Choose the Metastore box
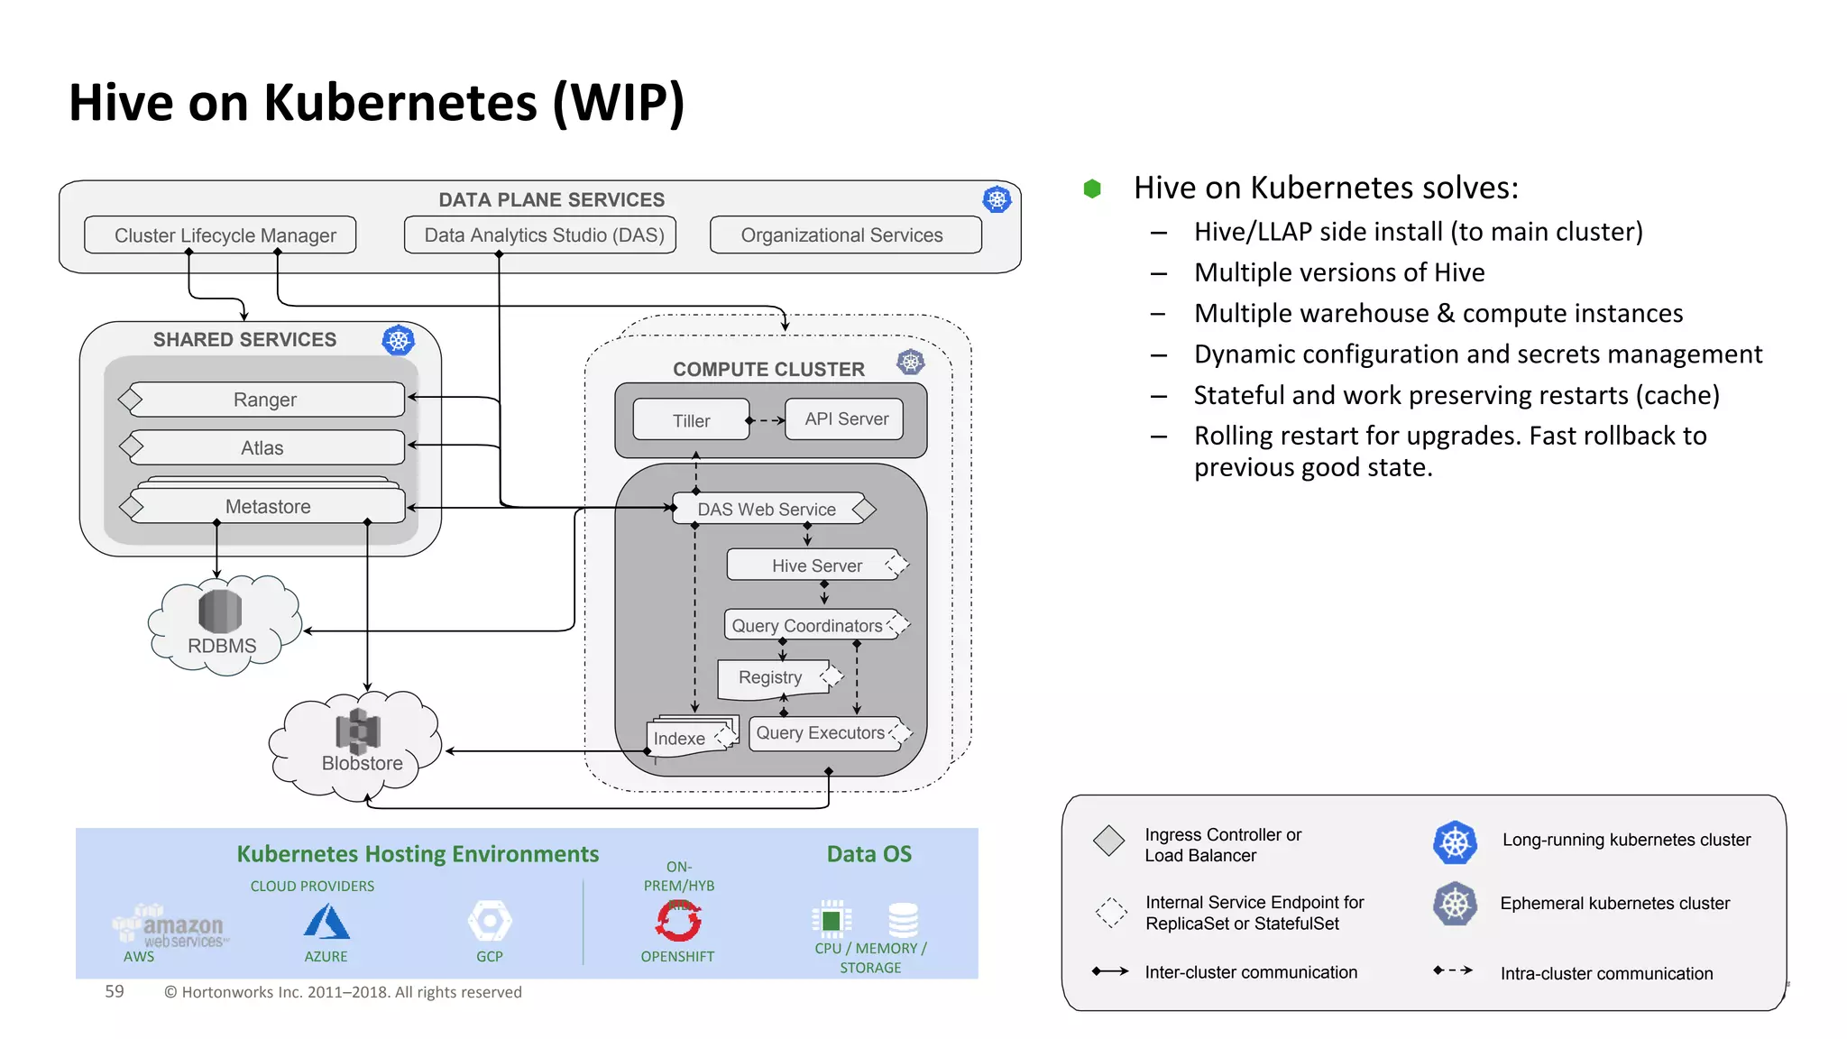[269, 507]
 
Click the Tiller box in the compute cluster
[691, 420]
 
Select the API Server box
[845, 419]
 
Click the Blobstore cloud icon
[358, 744]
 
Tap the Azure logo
[326, 922]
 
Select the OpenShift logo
[678, 921]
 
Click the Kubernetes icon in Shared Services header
[398, 340]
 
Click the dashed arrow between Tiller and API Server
[767, 420]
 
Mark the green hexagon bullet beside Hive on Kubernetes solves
[1092, 188]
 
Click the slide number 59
[115, 991]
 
